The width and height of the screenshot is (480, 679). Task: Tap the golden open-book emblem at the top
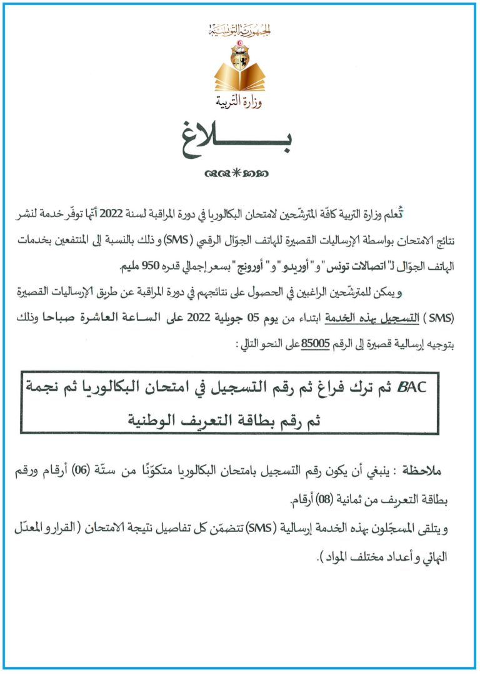point(239,74)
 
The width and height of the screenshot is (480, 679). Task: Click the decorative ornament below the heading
point(239,173)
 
